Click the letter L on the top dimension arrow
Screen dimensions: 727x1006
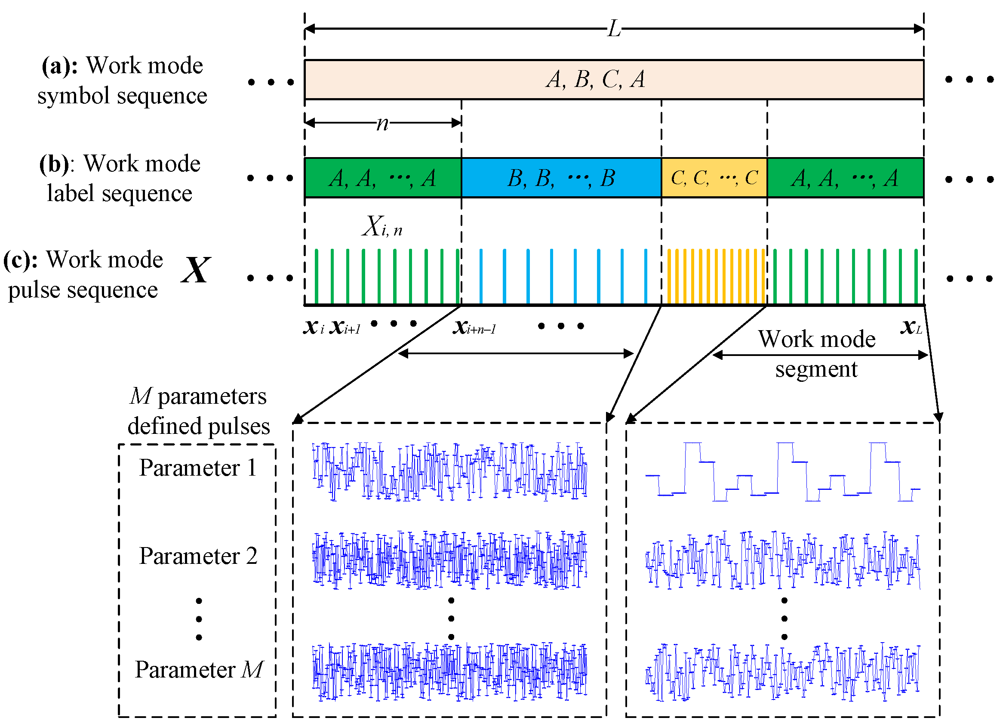coord(613,29)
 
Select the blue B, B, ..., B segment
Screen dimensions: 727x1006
coord(561,178)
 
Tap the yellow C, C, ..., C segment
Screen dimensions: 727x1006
coord(713,178)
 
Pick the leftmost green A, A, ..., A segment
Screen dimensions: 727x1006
coord(382,178)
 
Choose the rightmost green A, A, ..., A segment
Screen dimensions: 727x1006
coord(845,178)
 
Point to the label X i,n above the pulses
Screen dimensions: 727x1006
coord(382,226)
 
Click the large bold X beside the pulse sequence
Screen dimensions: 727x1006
coord(195,270)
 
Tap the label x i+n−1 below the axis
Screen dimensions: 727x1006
coord(474,328)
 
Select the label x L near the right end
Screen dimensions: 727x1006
coord(911,328)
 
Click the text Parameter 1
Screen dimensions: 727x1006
coord(198,468)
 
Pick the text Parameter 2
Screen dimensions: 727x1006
coord(198,556)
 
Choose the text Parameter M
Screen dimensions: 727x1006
coord(199,670)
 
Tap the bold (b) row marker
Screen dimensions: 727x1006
coord(54,164)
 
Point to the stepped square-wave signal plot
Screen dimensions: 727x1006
coord(782,472)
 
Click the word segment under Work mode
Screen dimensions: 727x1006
coord(816,369)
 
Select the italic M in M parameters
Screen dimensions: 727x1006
coord(141,396)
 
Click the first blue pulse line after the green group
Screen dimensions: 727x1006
coord(481,275)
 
